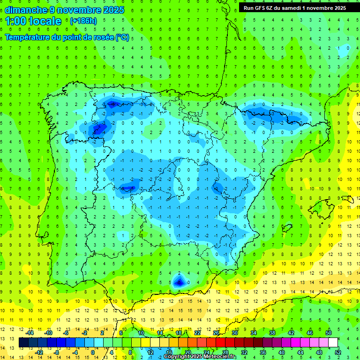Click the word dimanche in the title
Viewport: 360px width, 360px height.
point(26,10)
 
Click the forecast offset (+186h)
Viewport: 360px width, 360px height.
point(83,21)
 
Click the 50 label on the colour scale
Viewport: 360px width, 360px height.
point(329,333)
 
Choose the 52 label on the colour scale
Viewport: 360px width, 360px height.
point(338,352)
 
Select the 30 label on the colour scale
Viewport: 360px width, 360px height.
point(234,333)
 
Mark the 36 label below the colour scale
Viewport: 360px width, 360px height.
point(262,352)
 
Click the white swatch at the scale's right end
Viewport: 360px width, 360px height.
point(333,342)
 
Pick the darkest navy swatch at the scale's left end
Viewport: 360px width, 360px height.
point(24,342)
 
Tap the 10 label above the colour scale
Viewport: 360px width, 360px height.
point(141,333)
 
